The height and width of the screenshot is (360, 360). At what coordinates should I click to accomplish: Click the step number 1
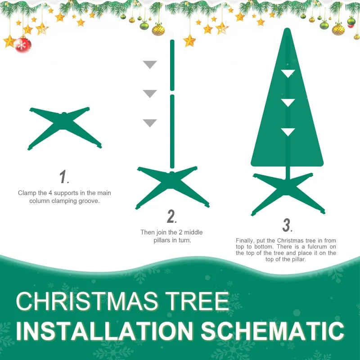pyautogui.click(x=64, y=177)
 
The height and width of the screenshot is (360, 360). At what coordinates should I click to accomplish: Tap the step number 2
pyautogui.click(x=171, y=217)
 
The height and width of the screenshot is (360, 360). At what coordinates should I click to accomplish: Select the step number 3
pyautogui.click(x=287, y=225)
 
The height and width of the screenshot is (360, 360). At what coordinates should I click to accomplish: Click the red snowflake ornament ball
pyautogui.click(x=23, y=45)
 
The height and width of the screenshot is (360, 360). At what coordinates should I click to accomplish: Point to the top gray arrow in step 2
pyautogui.click(x=150, y=64)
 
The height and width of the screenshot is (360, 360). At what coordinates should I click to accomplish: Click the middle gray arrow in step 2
pyautogui.click(x=150, y=94)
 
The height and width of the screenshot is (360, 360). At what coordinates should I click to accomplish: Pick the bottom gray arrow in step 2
pyautogui.click(x=150, y=123)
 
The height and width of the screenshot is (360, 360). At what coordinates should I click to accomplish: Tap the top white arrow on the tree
pyautogui.click(x=288, y=73)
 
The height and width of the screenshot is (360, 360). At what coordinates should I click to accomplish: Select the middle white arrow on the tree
pyautogui.click(x=288, y=103)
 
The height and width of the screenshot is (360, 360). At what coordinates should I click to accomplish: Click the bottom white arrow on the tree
pyautogui.click(x=288, y=132)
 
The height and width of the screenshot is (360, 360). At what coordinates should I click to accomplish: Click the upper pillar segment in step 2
pyautogui.click(x=172, y=65)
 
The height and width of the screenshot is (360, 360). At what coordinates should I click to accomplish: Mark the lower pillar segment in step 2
pyautogui.click(x=172, y=130)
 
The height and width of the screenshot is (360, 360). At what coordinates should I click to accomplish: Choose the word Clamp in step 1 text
pyautogui.click(x=27, y=193)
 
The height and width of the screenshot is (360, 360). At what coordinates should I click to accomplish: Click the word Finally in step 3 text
pyautogui.click(x=245, y=241)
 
